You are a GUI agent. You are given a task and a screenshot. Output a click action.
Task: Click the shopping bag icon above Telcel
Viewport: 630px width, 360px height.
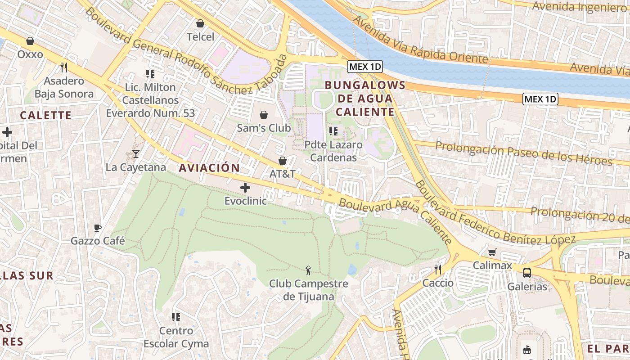(200, 23)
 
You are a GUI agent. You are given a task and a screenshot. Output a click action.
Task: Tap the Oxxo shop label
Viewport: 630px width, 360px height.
(30, 54)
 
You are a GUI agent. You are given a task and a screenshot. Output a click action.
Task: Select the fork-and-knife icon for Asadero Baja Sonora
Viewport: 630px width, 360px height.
(64, 67)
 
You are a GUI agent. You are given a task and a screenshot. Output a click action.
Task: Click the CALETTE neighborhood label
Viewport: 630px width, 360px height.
(46, 115)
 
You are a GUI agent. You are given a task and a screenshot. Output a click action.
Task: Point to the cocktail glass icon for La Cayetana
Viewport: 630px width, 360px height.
(136, 154)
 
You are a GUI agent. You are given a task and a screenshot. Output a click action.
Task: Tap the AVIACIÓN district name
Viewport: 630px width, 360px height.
(209, 168)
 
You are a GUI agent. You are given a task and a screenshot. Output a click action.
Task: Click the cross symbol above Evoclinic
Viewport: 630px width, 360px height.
(245, 187)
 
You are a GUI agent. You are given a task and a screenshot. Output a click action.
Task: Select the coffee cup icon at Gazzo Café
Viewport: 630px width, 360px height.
(98, 228)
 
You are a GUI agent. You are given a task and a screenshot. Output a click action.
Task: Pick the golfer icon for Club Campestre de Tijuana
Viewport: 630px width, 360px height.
(308, 270)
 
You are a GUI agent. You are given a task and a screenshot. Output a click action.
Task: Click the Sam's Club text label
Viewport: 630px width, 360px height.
(264, 128)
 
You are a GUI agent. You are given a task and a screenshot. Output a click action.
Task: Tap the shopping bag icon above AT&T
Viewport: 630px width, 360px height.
(283, 161)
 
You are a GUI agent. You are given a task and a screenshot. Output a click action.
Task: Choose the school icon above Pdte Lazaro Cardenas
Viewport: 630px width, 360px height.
(333, 131)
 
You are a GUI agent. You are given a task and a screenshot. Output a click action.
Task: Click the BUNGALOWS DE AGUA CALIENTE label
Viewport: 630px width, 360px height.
(365, 99)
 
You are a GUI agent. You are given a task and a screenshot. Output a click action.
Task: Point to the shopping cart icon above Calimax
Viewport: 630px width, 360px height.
(492, 252)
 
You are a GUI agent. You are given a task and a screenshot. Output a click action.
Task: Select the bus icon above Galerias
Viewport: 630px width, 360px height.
(526, 273)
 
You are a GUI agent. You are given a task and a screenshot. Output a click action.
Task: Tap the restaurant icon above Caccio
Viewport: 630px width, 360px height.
(438, 270)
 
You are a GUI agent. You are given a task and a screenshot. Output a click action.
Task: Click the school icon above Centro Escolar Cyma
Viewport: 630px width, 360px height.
(176, 317)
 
